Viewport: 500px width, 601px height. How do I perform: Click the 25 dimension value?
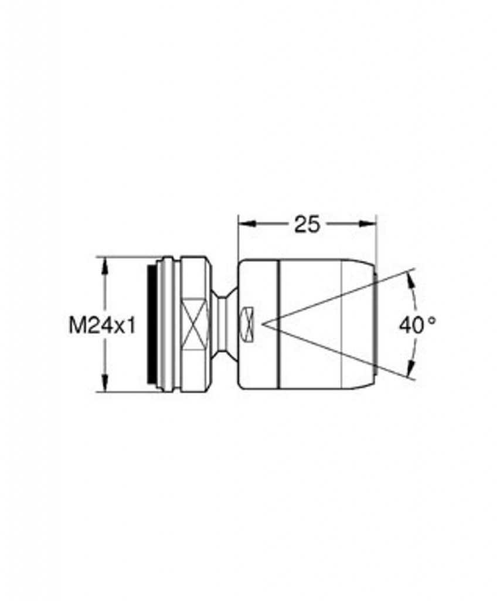[307, 224]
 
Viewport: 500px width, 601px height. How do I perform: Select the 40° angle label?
[417, 325]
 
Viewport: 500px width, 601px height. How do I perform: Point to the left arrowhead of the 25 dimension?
[247, 224]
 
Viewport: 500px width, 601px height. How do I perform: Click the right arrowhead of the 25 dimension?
[366, 224]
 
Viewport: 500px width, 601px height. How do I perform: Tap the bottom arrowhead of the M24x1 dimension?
[104, 383]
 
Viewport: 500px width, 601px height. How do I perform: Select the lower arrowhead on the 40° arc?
[410, 368]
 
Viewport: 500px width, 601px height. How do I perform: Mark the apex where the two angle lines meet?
[263, 324]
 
